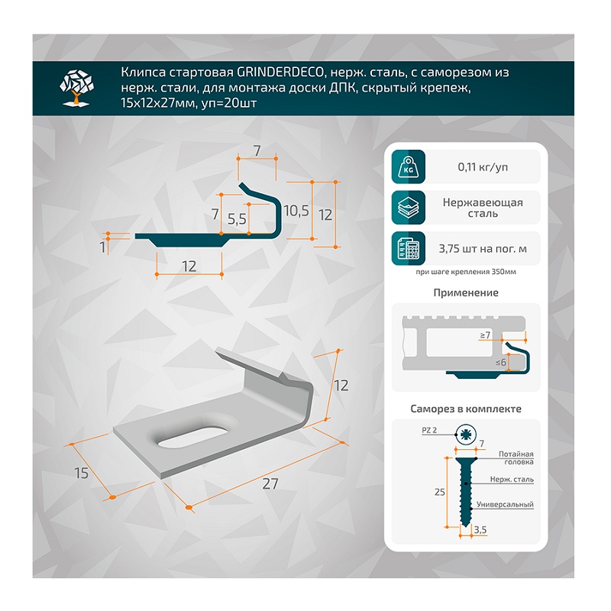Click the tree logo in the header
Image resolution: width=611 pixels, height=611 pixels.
[x=76, y=87]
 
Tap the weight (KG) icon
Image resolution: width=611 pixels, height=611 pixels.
[x=408, y=166]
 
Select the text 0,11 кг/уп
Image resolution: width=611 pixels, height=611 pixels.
[x=483, y=167]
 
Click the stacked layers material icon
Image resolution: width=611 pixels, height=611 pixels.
[x=408, y=208]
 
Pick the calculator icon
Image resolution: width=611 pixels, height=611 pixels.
[x=408, y=249]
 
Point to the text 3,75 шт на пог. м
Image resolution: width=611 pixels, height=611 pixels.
[x=483, y=249]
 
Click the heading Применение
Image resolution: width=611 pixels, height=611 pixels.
[x=466, y=293]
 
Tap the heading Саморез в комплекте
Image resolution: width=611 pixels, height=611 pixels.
[x=466, y=409]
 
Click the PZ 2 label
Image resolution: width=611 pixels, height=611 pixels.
[x=429, y=430]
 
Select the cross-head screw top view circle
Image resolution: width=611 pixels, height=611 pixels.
[x=466, y=435]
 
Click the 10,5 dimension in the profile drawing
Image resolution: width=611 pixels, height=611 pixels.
[x=296, y=211]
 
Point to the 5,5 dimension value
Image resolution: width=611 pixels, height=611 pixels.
[x=237, y=219]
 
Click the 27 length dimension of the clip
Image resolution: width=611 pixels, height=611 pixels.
[x=270, y=483]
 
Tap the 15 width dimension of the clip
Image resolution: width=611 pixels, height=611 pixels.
[x=82, y=473]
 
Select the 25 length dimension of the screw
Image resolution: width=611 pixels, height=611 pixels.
[x=440, y=492]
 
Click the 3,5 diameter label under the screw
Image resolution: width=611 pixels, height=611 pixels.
[x=480, y=529]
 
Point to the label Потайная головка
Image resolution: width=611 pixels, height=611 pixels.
[x=516, y=457]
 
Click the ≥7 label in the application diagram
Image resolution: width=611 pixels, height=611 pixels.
[x=485, y=335]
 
